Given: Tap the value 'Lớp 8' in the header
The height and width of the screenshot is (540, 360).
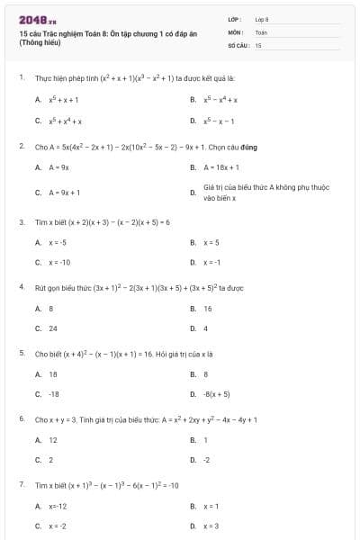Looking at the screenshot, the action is [x=262, y=19].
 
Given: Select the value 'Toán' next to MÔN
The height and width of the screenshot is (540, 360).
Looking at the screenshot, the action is [x=261, y=31].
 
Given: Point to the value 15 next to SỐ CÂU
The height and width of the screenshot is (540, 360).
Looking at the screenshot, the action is [x=258, y=44].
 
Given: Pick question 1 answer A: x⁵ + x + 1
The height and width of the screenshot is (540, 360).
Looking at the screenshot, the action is [x=63, y=100].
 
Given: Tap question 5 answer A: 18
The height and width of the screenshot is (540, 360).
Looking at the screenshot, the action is [x=53, y=374].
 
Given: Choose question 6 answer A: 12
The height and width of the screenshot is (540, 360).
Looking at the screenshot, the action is [x=53, y=440].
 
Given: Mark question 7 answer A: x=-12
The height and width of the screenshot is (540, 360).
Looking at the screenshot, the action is [x=58, y=507].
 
